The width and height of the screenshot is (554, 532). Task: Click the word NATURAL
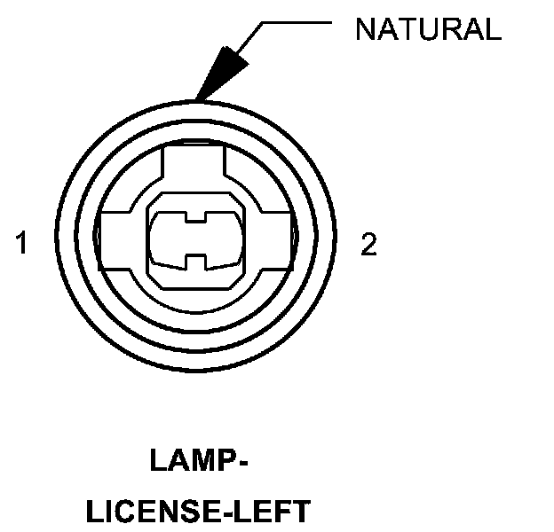(428, 30)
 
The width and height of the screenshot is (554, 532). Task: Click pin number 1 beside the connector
(21, 244)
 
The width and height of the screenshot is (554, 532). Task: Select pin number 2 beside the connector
(368, 244)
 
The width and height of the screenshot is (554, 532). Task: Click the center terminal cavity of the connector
(194, 239)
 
